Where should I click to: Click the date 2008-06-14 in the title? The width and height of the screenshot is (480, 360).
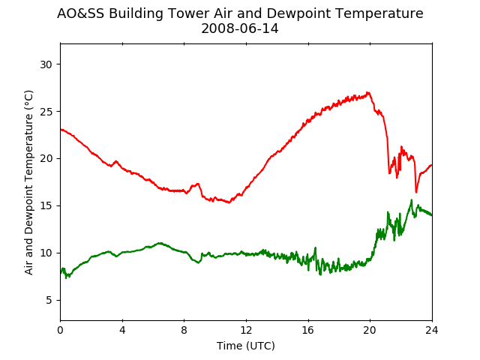pos(240,29)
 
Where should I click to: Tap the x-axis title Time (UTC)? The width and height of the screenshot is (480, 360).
pos(246,346)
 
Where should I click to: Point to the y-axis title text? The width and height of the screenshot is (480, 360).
pos(28,182)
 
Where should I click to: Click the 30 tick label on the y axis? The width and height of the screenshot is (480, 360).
pos(46,64)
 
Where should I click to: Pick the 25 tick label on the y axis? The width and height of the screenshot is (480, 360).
pos(46,112)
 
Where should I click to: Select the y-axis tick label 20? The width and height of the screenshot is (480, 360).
pos(46,159)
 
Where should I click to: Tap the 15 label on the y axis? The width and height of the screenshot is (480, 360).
pos(46,206)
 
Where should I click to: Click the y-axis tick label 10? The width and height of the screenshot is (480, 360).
pos(46,253)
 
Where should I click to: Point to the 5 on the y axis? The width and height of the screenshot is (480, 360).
pos(49,300)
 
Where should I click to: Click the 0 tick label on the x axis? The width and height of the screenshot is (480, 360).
pos(60,330)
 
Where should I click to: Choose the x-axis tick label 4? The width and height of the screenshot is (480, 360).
pos(122,330)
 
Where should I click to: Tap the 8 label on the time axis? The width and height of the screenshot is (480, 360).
pos(184,330)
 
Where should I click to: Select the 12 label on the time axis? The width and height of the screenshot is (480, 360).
pos(246,330)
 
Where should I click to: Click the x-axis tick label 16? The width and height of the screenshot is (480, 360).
pos(308,330)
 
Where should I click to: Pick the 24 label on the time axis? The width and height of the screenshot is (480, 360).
pos(432,330)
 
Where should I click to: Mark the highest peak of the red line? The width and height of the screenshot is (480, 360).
pos(368,92)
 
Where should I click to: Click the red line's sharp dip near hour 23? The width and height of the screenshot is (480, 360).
pos(416,192)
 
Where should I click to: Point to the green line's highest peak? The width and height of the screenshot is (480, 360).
pos(412,200)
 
